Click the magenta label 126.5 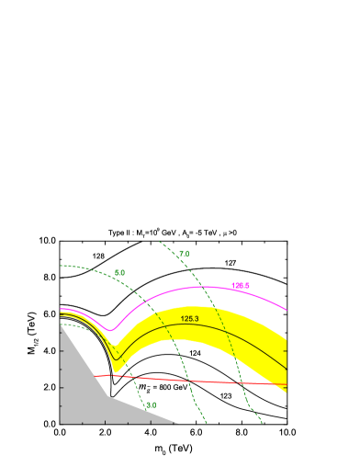point(241,286)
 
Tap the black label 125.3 point(189,319)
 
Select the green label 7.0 point(184,254)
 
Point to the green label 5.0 point(119,273)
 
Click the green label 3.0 point(151,404)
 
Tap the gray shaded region point(87,395)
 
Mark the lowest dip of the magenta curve point(110,329)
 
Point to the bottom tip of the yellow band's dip point(115,371)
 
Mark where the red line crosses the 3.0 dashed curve point(135,376)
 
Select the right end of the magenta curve point(287,310)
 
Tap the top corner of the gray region point(61,325)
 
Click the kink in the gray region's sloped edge point(108,396)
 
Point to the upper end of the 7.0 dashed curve point(160,243)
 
